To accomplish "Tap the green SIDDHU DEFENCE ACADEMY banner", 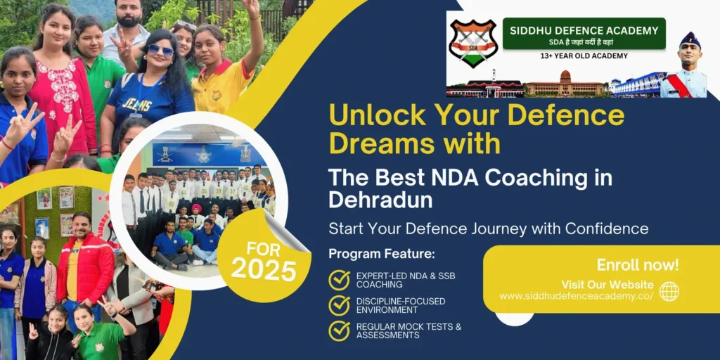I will pos(584,33).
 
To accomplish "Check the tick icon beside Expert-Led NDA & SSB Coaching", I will pos(339,280).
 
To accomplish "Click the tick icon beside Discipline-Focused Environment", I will pos(339,305).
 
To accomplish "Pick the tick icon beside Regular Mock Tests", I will pos(339,330).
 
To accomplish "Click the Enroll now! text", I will pos(638,265).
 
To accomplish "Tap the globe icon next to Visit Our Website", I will pos(669,291).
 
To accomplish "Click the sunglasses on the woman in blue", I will pos(160,50).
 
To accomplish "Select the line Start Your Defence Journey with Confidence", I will pos(488,229).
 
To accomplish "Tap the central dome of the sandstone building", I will pos(565,77).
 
